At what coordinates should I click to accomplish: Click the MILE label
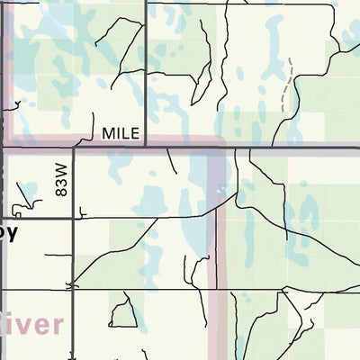[121, 133]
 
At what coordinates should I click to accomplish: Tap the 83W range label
[61, 186]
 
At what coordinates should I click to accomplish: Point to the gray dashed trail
[288, 86]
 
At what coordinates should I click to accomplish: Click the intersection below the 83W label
[74, 218]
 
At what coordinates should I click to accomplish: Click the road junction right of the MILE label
[147, 144]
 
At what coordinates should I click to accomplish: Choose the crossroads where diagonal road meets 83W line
[72, 288]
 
